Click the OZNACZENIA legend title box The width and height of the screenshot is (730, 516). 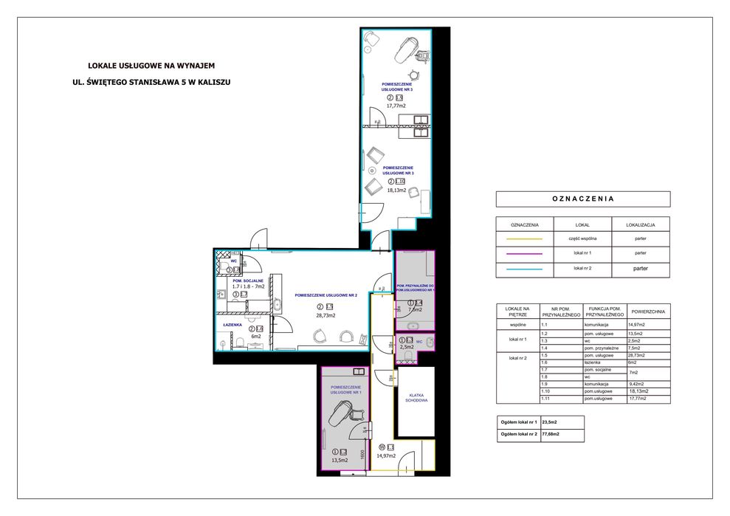(x=583, y=199)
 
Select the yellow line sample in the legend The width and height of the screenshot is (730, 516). (x=523, y=239)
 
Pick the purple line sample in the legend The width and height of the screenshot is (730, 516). (x=523, y=254)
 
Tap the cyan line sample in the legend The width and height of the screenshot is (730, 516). (x=523, y=269)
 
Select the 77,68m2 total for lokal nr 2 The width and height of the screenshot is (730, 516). (x=551, y=435)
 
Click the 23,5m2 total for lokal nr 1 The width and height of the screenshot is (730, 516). (x=549, y=422)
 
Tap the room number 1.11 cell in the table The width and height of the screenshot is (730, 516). (x=548, y=399)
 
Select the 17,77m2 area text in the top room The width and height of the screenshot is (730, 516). (x=397, y=106)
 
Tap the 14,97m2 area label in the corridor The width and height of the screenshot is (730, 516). (x=385, y=456)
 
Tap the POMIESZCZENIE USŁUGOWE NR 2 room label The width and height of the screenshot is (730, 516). (x=326, y=295)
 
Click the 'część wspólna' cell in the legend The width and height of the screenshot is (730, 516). (x=583, y=239)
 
